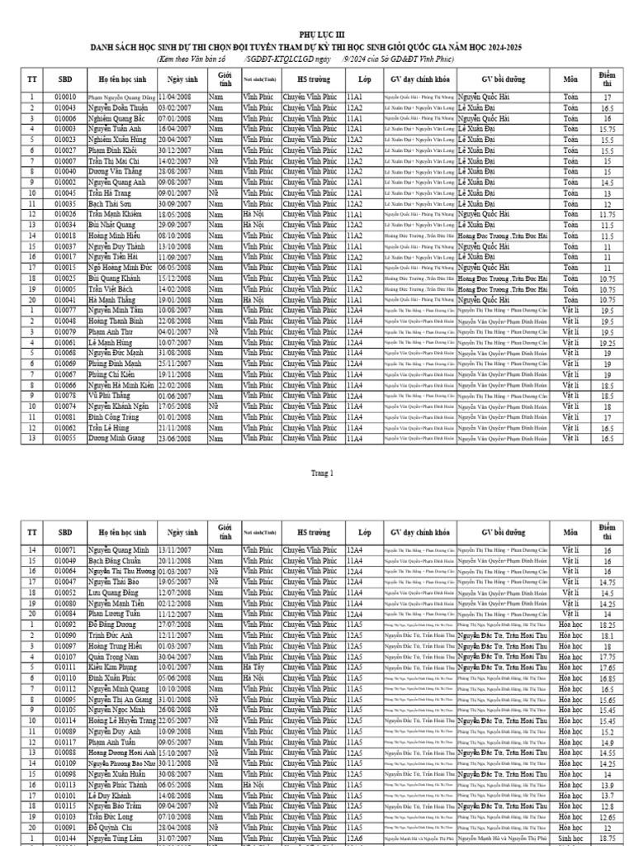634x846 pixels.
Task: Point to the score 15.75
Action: tap(607, 130)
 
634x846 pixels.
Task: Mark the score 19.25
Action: tap(607, 343)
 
